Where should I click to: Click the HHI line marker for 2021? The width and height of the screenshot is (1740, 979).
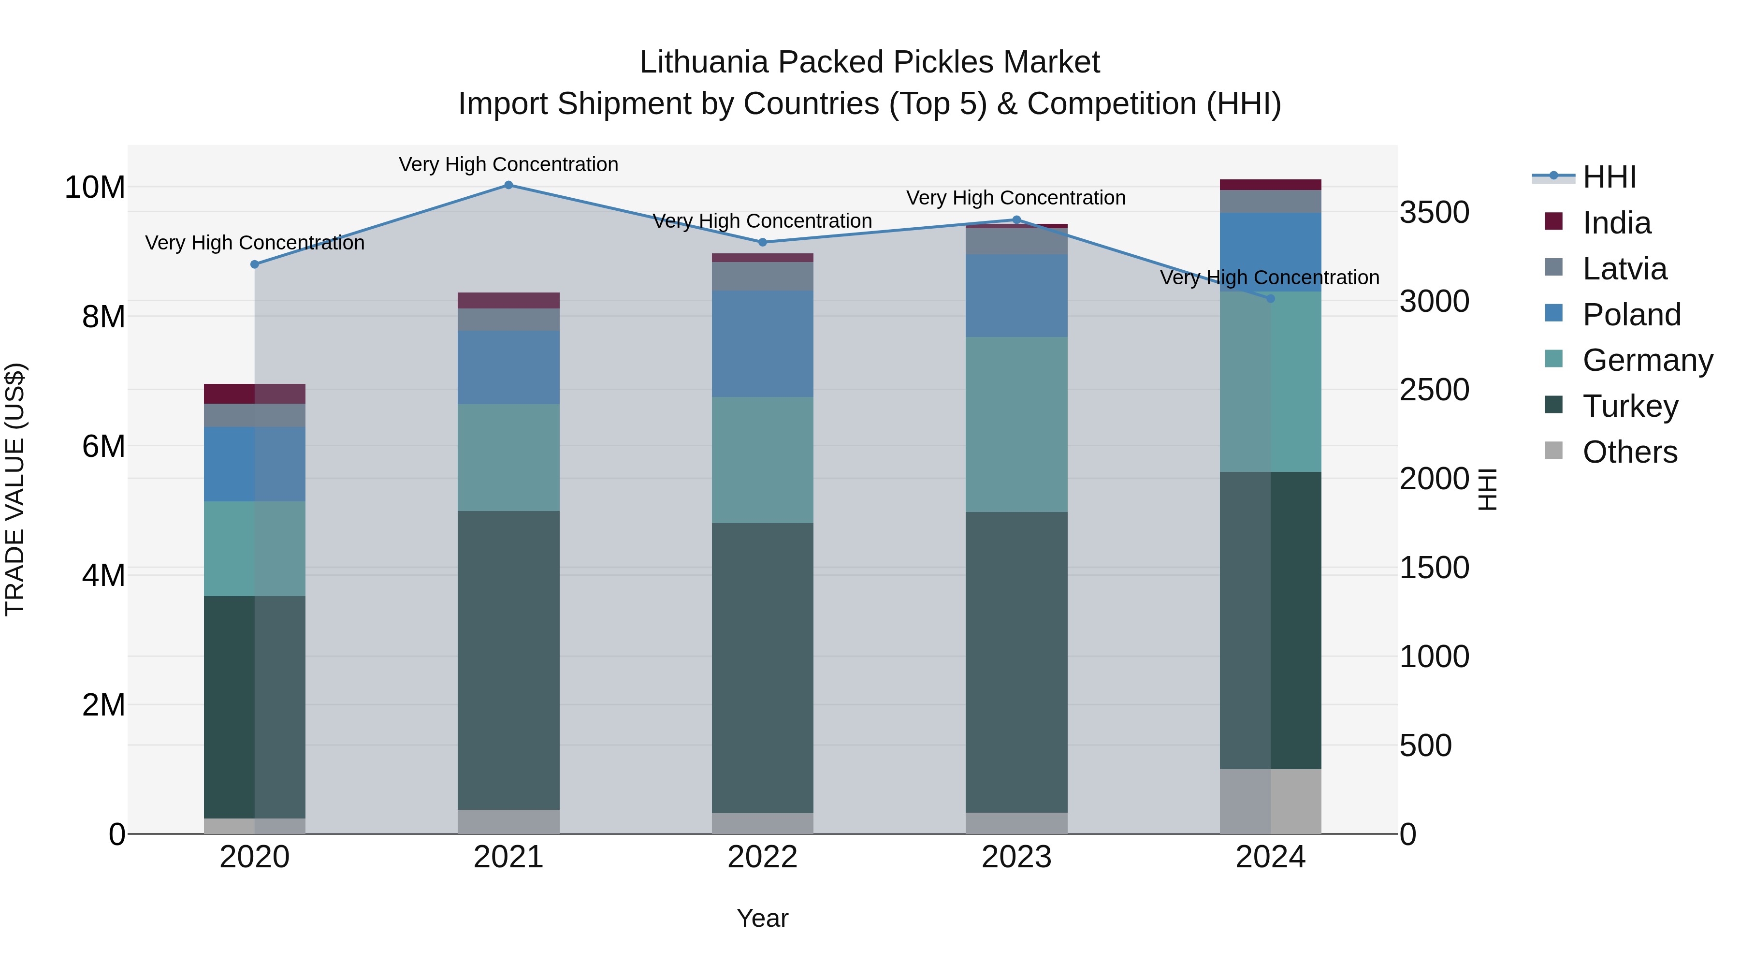pyautogui.click(x=508, y=185)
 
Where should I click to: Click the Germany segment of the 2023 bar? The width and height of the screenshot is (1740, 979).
pyautogui.click(x=1016, y=424)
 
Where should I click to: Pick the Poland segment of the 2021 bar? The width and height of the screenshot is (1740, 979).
pyautogui.click(x=508, y=367)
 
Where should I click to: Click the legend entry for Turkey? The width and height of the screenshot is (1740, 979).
pyautogui.click(x=1630, y=406)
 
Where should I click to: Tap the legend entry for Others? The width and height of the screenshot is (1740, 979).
pyautogui.click(x=1629, y=452)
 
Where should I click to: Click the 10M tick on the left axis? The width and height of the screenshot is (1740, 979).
pyautogui.click(x=95, y=187)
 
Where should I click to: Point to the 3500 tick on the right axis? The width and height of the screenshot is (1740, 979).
pyautogui.click(x=1434, y=212)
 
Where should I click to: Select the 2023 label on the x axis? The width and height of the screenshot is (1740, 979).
pyautogui.click(x=1016, y=857)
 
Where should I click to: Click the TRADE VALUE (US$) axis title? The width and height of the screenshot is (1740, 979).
pyautogui.click(x=15, y=489)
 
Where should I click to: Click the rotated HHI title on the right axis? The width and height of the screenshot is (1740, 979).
pyautogui.click(x=1487, y=489)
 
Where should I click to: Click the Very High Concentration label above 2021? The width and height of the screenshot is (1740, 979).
pyautogui.click(x=508, y=164)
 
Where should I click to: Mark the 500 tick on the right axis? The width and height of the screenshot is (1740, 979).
pyautogui.click(x=1425, y=745)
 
